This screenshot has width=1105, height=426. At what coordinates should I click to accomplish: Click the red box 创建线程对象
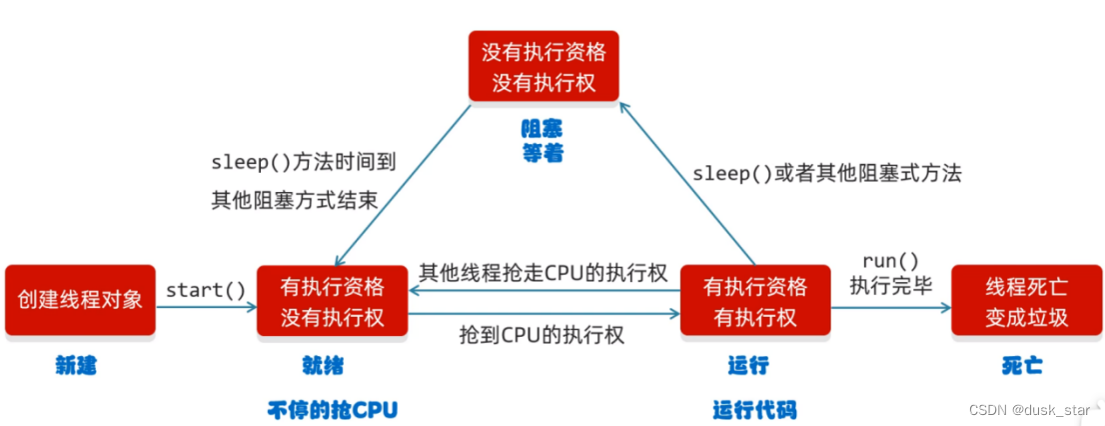click(x=80, y=299)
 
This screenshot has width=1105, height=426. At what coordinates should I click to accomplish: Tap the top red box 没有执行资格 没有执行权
click(x=544, y=65)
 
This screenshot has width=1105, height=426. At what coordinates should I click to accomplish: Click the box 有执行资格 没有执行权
click(x=333, y=299)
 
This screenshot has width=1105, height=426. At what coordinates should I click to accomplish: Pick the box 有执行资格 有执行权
click(x=754, y=299)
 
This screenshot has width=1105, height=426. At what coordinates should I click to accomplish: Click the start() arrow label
click(x=206, y=290)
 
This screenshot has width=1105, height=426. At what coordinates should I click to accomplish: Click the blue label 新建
click(x=76, y=366)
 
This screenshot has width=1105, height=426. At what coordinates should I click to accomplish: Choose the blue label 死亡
click(x=1021, y=366)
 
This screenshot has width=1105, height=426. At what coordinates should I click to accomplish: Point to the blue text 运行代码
click(x=754, y=409)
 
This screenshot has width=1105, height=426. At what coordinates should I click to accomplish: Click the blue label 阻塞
click(x=542, y=129)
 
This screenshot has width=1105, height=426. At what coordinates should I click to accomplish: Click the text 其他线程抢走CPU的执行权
click(x=543, y=273)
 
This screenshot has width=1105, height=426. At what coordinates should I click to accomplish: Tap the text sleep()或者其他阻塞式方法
click(x=827, y=173)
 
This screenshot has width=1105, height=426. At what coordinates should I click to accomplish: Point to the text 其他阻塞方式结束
click(x=294, y=198)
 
